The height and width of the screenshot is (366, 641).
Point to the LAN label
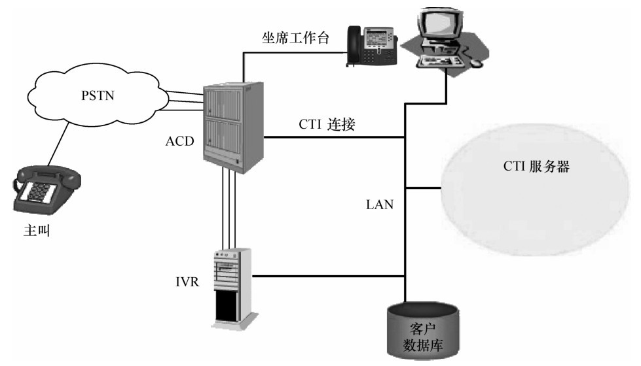coord(380,205)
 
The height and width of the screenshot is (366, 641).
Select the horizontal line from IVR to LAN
coord(327,275)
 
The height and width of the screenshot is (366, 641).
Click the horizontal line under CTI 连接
coord(334,137)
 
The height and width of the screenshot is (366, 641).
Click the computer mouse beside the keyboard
coord(477,63)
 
